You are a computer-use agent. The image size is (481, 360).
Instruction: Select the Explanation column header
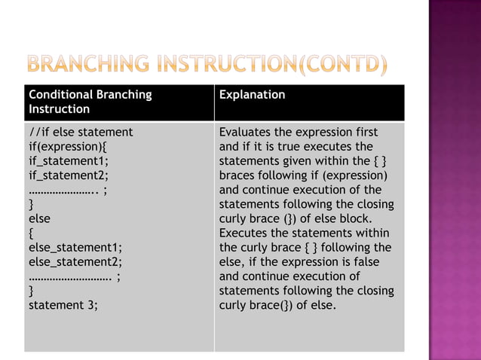click(252, 95)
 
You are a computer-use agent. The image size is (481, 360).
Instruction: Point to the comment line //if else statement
click(81, 132)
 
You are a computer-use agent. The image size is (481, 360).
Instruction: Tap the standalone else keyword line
click(40, 218)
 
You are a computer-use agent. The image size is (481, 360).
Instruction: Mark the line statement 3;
click(63, 305)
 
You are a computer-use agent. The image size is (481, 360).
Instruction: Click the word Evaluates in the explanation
click(247, 132)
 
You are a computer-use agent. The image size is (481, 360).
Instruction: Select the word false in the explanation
click(363, 261)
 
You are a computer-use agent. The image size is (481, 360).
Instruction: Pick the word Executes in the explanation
click(246, 233)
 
